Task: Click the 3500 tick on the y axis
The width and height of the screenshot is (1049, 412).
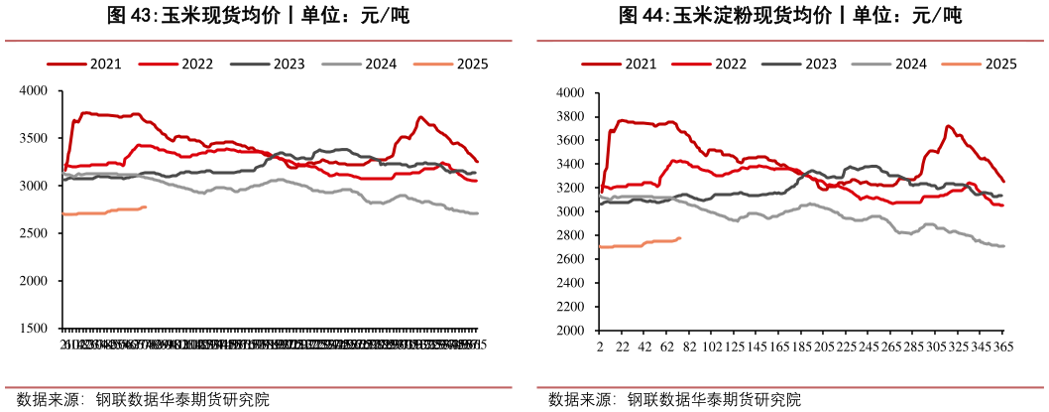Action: [35, 138]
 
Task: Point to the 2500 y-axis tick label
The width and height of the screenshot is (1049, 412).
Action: [35, 233]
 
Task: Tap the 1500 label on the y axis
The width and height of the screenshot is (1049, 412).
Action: [35, 329]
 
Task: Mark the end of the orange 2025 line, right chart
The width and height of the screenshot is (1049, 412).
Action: [679, 237]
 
